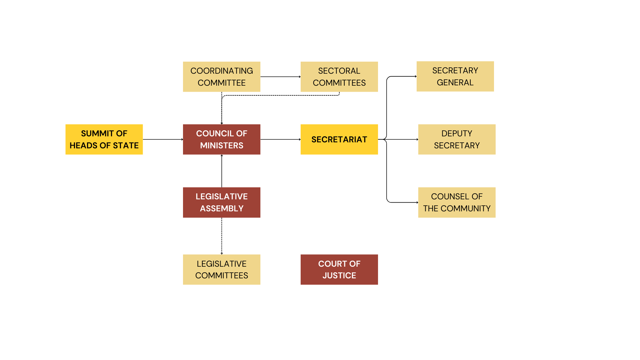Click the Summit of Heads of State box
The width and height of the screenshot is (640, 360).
click(104, 139)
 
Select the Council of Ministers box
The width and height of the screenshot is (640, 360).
click(222, 139)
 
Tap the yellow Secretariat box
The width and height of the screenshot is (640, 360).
click(339, 139)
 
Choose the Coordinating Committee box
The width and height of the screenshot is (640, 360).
click(222, 77)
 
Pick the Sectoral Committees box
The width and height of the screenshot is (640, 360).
click(339, 77)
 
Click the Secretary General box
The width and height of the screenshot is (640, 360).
click(455, 76)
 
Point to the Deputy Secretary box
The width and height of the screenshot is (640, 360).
click(457, 139)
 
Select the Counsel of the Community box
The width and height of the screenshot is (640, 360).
click(457, 202)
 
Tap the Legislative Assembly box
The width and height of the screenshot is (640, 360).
click(222, 202)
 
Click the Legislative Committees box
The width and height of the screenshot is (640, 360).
click(222, 269)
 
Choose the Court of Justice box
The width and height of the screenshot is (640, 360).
click(339, 269)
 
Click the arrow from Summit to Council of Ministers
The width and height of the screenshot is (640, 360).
click(163, 139)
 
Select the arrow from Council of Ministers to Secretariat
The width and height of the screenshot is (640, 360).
click(280, 139)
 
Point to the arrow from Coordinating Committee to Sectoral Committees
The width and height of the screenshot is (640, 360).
click(280, 77)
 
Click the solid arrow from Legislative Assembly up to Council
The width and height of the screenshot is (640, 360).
click(222, 171)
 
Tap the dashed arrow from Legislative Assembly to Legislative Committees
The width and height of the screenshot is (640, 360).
click(222, 236)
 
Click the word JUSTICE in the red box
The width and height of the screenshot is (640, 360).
click(339, 276)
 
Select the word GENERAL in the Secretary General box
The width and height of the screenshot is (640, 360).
click(455, 83)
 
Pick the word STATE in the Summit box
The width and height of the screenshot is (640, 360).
click(126, 146)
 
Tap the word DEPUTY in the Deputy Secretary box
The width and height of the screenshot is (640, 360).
click(457, 133)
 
